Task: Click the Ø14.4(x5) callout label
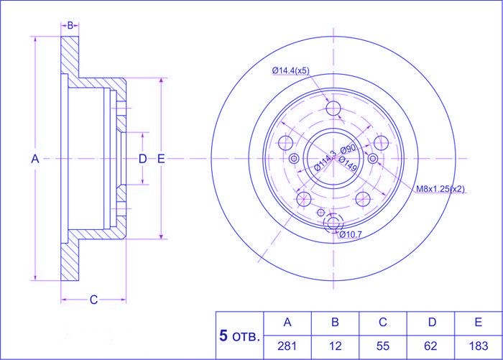290,70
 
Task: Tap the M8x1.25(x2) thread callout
440,189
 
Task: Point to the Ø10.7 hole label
351,234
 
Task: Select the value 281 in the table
287,346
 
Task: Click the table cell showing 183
479,346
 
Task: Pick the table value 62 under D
430,346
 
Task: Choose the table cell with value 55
383,346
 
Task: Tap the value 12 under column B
335,346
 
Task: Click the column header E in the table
479,322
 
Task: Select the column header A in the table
287,322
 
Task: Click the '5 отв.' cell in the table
239,336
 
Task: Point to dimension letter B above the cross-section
70,25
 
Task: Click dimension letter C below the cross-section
93,300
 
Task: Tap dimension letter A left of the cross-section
35,159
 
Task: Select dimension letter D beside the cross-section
142,159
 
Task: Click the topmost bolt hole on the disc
333,108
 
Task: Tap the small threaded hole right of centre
373,158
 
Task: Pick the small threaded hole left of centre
294,158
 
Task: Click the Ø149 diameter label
347,164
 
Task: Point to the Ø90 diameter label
348,149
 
